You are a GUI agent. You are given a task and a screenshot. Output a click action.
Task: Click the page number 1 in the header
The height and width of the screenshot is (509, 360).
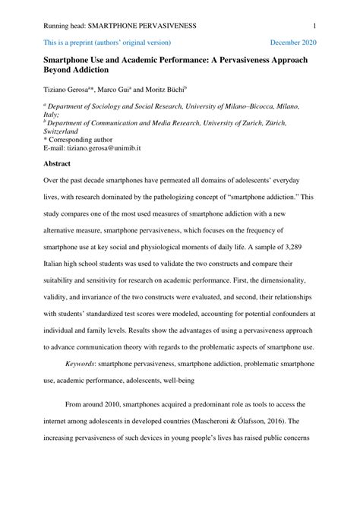(314, 26)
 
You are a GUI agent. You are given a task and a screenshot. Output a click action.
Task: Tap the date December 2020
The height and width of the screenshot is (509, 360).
(293, 43)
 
